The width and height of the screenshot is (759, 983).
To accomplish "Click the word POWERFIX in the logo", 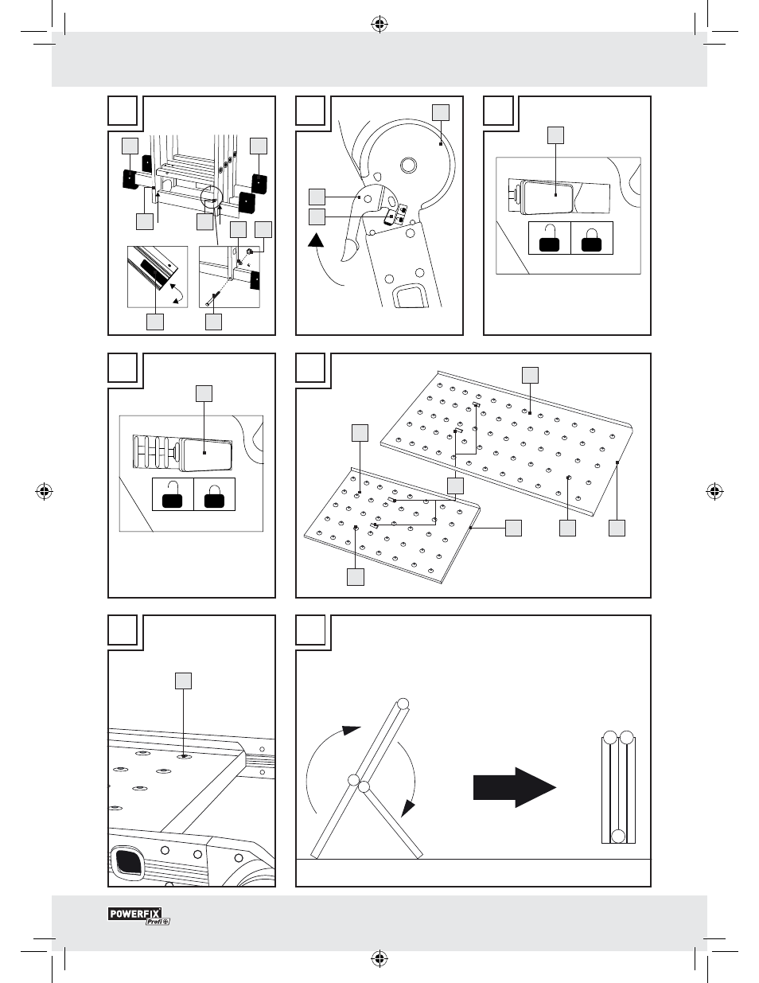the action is point(134,914).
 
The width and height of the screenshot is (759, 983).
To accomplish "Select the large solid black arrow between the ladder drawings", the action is point(515,787).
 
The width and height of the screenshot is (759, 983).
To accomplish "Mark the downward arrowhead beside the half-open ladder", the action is point(408,808).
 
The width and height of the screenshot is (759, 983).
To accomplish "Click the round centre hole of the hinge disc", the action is point(408,165).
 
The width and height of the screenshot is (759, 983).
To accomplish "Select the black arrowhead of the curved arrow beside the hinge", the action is point(316,240).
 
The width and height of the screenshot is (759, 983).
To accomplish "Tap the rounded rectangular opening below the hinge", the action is point(410,296).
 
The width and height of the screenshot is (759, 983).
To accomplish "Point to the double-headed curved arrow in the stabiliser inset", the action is point(177,293).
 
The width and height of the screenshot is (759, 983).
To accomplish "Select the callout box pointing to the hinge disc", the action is point(441,113).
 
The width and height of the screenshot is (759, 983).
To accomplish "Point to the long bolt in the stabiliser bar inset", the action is point(213,299).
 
